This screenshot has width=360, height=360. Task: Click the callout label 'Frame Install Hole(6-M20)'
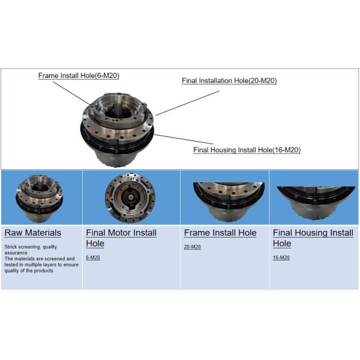pos(79,76)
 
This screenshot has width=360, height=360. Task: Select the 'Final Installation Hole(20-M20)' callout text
pos(229,80)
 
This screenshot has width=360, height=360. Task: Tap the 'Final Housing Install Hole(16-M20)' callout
pos(247,150)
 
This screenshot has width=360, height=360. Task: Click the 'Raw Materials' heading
pos(33,233)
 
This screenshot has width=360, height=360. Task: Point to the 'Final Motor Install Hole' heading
pos(121,238)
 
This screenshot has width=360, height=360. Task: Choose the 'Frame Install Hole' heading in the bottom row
pos(220,233)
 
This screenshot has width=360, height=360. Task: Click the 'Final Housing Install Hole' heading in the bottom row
pos(313,238)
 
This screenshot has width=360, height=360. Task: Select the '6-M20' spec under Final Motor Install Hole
pos(93,257)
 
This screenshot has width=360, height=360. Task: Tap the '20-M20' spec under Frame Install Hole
pos(193,247)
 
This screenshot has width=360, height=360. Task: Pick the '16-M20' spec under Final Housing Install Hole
pos(281,257)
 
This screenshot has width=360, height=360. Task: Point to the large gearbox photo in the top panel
pos(117,130)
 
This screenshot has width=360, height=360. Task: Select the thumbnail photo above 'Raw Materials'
pos(39,199)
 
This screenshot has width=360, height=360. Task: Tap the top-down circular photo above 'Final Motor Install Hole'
pos(130,197)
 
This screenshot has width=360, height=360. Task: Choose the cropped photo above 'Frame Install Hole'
pos(229,202)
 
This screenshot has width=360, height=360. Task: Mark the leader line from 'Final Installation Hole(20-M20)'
pos(188,103)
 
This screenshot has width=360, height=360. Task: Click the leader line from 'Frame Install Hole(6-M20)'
pos(71,93)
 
